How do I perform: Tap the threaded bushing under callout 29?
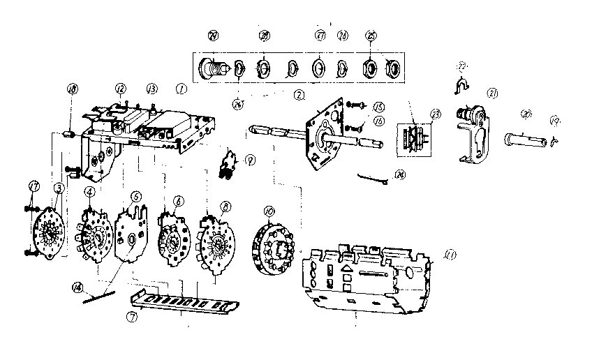click(211, 69)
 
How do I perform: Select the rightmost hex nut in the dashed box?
click(393, 69)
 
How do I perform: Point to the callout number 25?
click(369, 35)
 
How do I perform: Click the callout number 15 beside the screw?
click(378, 107)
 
